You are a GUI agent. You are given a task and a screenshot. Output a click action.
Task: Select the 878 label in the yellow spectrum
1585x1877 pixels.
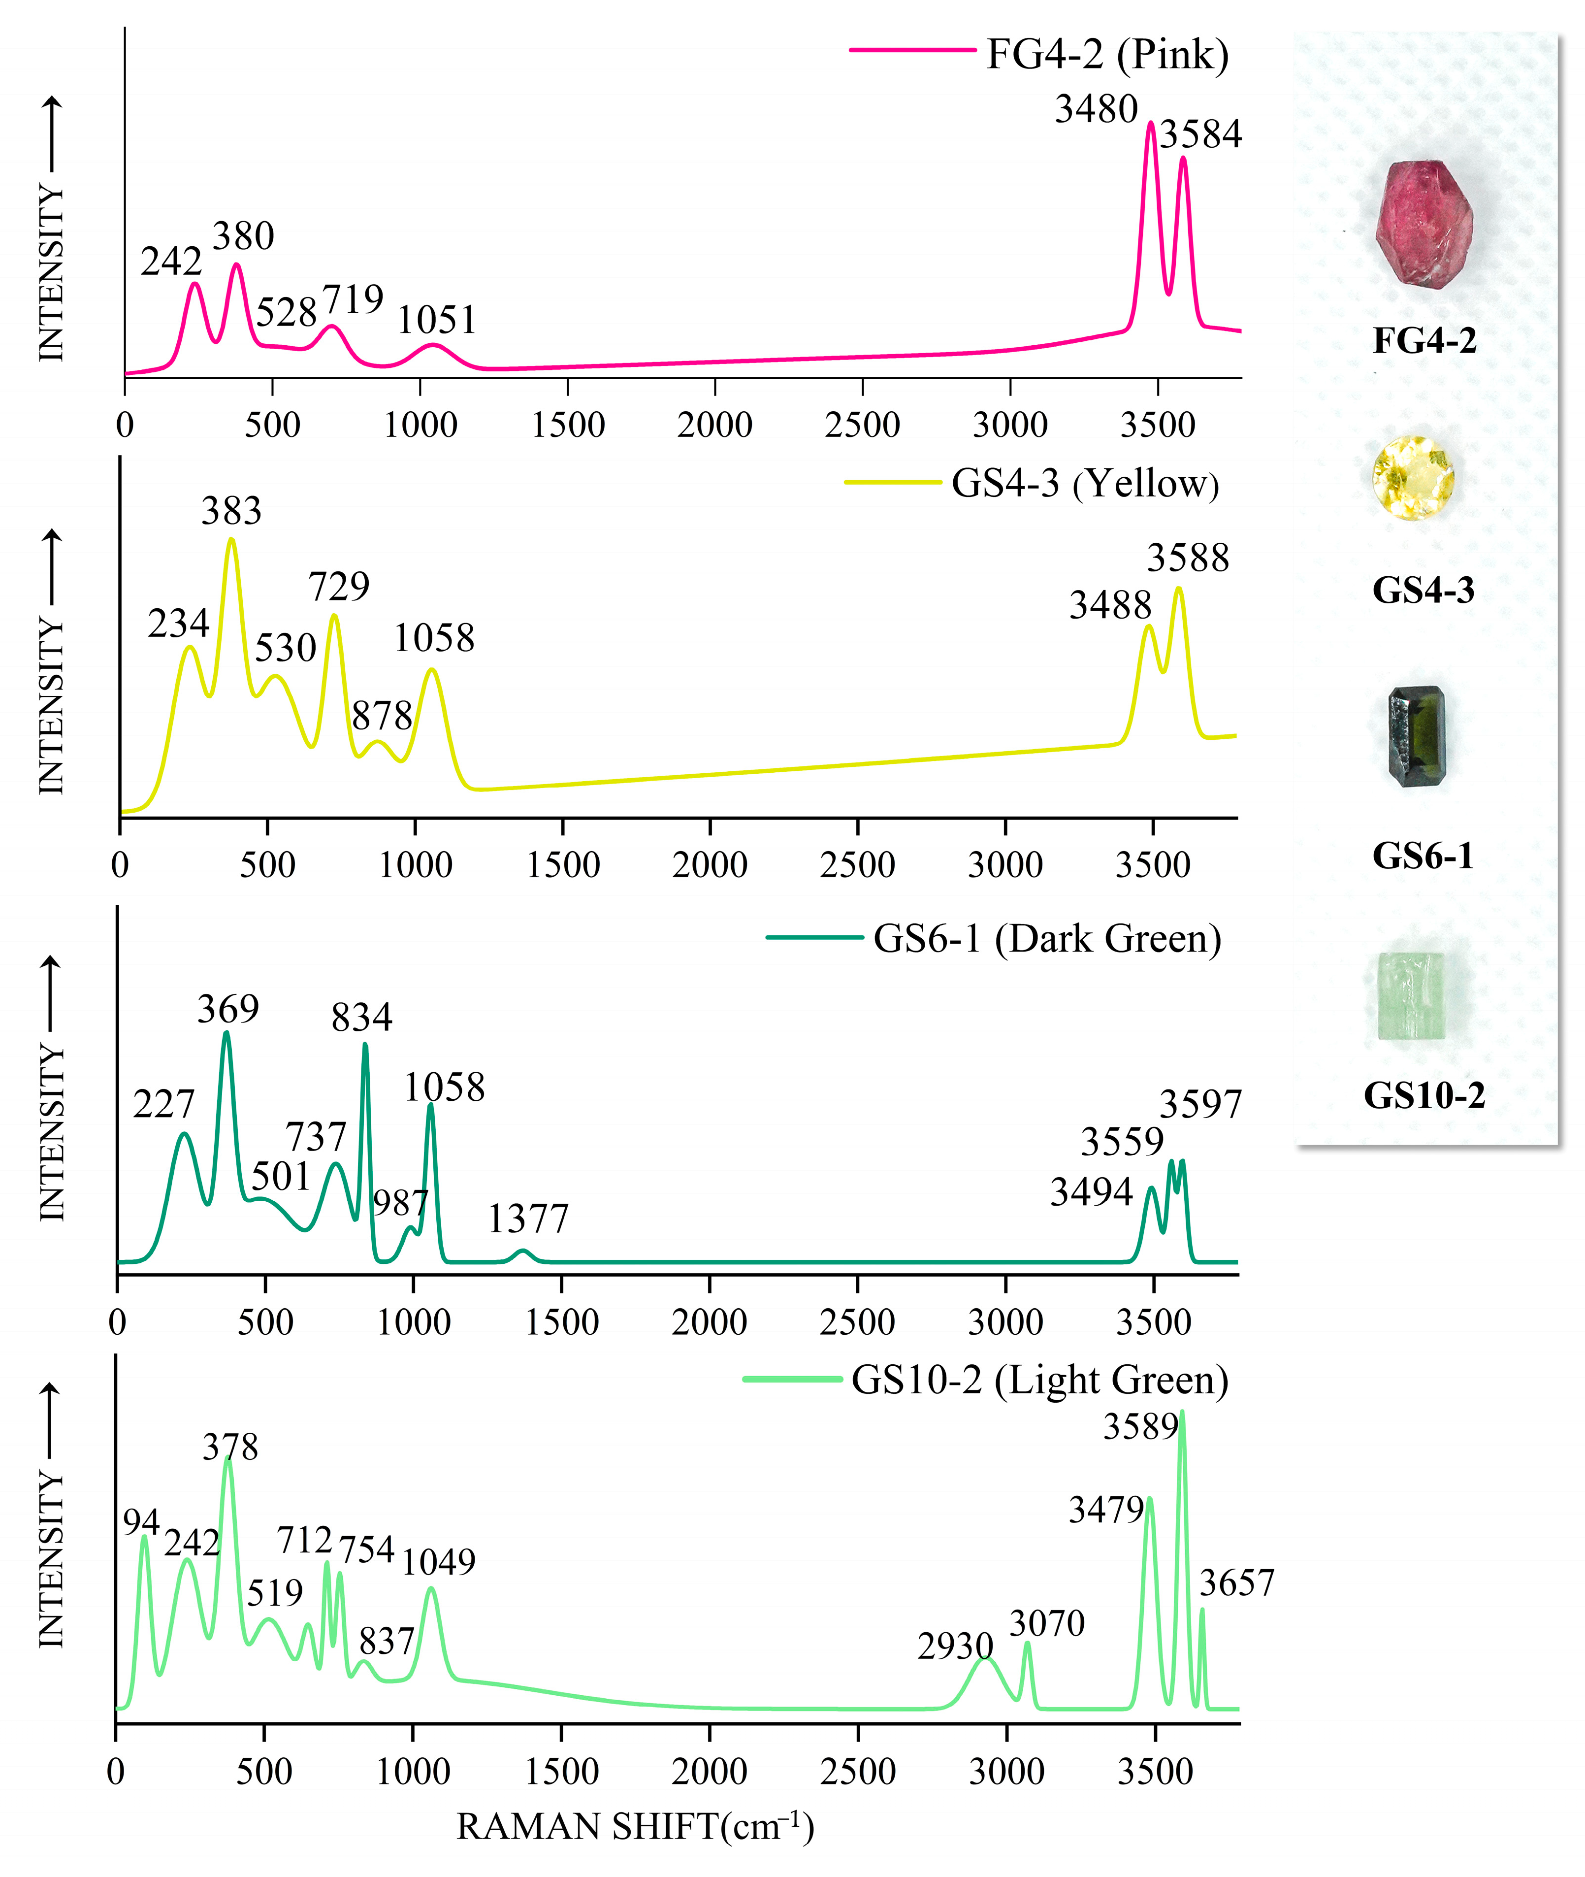(x=382, y=716)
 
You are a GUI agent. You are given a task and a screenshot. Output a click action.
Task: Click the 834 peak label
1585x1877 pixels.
(x=361, y=1018)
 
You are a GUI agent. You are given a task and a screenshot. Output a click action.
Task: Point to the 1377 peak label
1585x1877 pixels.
(x=528, y=1219)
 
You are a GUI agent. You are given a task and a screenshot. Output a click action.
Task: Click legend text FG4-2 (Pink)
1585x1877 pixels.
(x=1107, y=55)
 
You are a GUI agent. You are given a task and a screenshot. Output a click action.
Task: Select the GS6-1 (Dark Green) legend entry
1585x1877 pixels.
(x=1047, y=938)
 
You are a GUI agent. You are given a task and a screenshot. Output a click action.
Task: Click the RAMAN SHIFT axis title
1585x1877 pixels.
(x=634, y=1827)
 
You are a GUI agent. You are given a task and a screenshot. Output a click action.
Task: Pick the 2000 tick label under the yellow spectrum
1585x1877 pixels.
(x=710, y=864)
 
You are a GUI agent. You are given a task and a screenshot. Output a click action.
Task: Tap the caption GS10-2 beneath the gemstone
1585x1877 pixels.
(x=1424, y=1095)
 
